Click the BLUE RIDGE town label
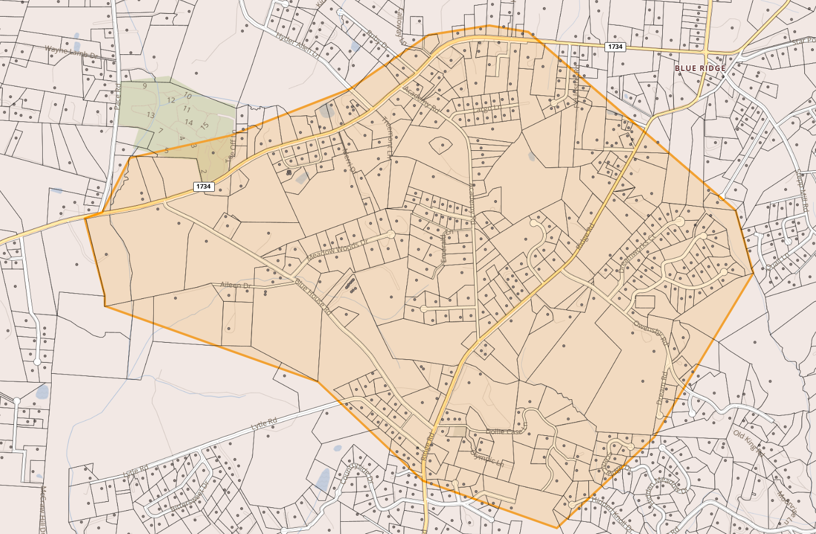[700, 68]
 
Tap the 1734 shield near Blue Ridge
[615, 47]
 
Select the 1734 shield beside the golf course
[203, 186]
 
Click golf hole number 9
[145, 86]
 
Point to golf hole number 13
[150, 115]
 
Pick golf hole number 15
[204, 126]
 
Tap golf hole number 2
[204, 172]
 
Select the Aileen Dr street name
[235, 285]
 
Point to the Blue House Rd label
[313, 297]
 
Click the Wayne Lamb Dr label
[71, 53]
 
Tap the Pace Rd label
[117, 95]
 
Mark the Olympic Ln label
[487, 458]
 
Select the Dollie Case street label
[505, 431]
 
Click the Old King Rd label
[749, 443]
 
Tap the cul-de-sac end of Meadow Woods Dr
[391, 235]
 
